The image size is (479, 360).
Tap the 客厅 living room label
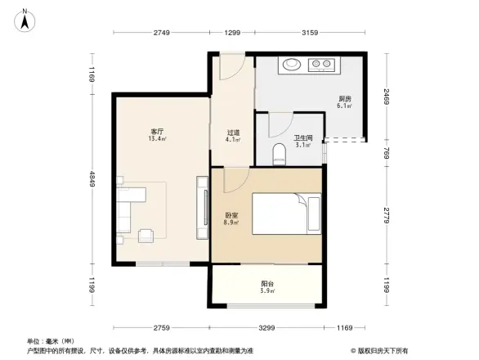point(157,131)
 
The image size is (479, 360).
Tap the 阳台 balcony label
point(266,284)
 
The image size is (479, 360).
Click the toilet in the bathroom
point(278,153)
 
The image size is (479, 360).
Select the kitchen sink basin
point(291,63)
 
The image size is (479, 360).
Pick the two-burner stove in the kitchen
point(321,63)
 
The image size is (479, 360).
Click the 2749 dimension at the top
point(161,32)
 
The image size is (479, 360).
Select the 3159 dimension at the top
point(310,32)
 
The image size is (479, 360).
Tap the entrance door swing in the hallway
point(230,68)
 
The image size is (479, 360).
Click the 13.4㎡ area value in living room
point(157,139)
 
